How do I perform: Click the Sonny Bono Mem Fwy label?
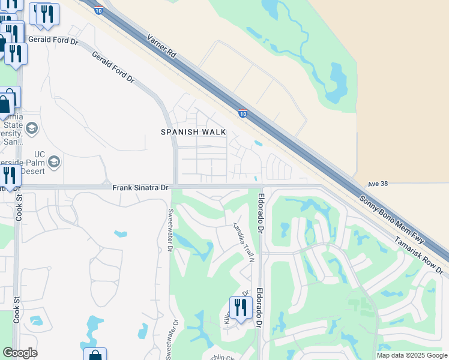(x=392, y=220)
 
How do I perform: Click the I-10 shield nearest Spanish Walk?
(x=242, y=113)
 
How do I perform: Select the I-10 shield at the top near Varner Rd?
(x=98, y=10)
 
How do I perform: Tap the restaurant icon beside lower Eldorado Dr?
(x=240, y=307)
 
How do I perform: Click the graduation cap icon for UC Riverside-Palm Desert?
(x=54, y=162)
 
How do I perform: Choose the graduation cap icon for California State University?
(x=32, y=128)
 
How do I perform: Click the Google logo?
(x=20, y=353)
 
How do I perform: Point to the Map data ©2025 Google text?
(x=411, y=355)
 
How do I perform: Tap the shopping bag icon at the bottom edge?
(x=95, y=354)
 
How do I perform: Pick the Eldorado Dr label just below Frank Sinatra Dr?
(x=261, y=213)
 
